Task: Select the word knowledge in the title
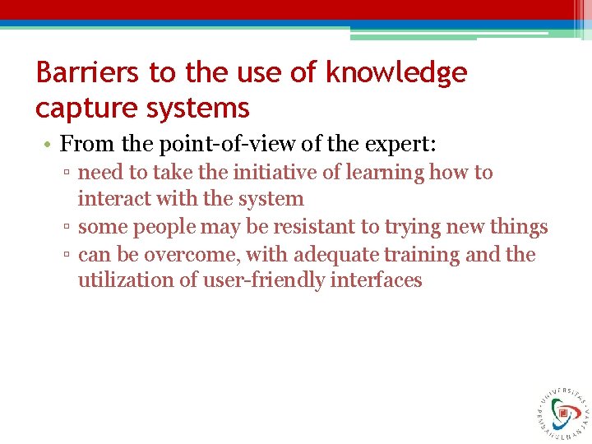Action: click(x=396, y=73)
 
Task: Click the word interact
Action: click(x=112, y=199)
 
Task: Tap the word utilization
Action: click(x=121, y=280)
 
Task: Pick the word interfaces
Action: click(x=376, y=280)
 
